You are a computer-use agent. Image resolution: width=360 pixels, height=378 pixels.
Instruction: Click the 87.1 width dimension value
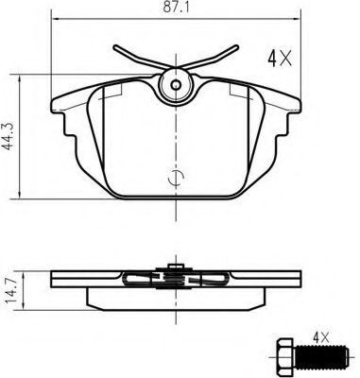pyautogui.click(x=176, y=8)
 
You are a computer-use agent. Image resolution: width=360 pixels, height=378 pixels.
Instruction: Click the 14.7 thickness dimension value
pyautogui.click(x=11, y=291)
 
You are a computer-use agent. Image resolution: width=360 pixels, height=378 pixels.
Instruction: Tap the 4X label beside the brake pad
pyautogui.click(x=280, y=58)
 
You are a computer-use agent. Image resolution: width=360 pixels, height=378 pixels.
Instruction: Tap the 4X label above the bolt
pyautogui.click(x=320, y=338)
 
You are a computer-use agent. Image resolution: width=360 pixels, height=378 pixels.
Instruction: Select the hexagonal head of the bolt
pyautogui.click(x=284, y=357)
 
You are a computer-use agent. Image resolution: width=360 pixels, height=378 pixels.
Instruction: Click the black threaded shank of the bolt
pyautogui.click(x=321, y=357)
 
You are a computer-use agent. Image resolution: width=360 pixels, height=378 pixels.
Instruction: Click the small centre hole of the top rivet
pyautogui.click(x=176, y=84)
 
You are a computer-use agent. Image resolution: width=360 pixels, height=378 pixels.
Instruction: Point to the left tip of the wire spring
pyautogui.click(x=115, y=47)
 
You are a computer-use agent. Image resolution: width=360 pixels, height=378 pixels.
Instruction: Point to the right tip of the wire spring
pyautogui.click(x=236, y=47)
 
